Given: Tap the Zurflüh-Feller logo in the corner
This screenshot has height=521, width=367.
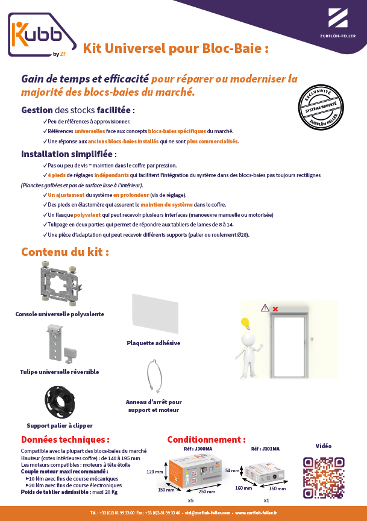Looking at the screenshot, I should [336, 24].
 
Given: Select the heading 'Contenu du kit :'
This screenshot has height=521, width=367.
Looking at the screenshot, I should [65, 252].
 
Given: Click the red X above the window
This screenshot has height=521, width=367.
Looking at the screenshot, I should [275, 309].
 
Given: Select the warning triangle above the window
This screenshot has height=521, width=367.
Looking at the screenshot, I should [265, 308].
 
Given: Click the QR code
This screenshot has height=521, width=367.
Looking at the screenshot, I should [324, 477].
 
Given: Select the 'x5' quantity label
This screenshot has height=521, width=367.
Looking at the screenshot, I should [190, 501].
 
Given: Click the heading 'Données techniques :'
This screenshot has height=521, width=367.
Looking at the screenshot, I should [65, 440].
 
